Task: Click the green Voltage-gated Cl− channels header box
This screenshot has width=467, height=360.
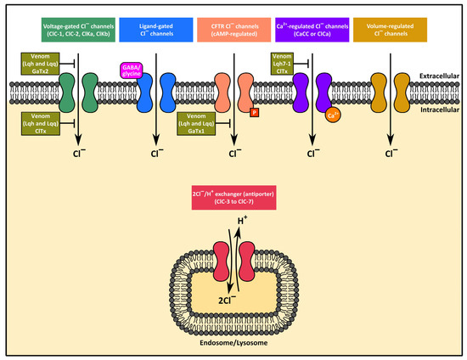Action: coord(78,30)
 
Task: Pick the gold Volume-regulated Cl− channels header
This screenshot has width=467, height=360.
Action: coord(390,30)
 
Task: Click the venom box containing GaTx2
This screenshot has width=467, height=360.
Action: coord(32,65)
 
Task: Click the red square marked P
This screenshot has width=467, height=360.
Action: coord(253,111)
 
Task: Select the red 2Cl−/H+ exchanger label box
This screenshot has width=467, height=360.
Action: coord(233,203)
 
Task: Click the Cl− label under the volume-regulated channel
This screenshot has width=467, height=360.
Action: coord(391,155)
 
